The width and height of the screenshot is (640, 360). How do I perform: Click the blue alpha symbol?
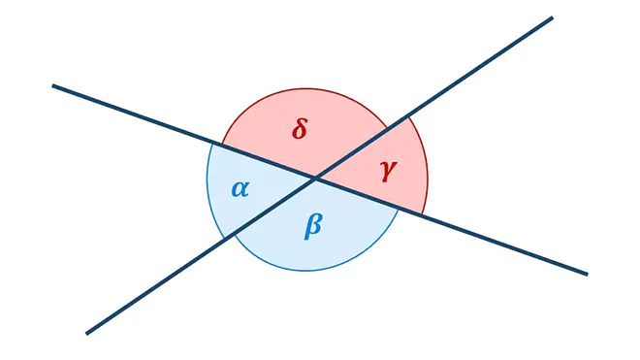240,189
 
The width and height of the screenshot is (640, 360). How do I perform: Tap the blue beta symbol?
313,225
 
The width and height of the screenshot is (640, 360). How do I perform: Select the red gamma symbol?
388,171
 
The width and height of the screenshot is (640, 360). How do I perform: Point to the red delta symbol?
300,128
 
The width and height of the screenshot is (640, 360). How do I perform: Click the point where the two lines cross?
316,179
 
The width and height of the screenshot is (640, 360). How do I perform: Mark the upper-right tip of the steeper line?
553,17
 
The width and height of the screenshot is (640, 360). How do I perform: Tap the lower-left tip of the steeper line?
86,334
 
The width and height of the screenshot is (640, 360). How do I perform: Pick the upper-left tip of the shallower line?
52,85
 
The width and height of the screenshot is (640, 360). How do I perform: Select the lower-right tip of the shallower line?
588,275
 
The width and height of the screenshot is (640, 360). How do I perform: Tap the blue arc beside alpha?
208,184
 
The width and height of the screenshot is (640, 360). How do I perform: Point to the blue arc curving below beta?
306,270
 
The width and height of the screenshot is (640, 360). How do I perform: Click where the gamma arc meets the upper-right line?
407,117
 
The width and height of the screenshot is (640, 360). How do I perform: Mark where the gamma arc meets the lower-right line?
422,213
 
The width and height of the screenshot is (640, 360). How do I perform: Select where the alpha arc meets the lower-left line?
224,238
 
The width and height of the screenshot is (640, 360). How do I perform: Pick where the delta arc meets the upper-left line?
222,145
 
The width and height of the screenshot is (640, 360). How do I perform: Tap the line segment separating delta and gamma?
362,147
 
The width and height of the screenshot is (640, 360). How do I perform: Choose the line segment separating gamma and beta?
369,196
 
